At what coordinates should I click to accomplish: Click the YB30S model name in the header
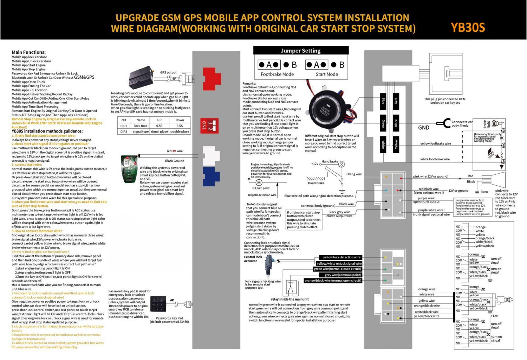coord(468,27)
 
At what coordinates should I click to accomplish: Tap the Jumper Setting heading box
coord(301,51)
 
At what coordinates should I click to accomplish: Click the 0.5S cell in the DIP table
coord(159,126)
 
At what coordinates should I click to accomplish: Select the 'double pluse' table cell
coord(180,132)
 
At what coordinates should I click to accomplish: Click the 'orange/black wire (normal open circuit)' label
coord(333,281)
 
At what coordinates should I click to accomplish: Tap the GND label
coord(423,128)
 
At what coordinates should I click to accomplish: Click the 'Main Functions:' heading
coord(28,52)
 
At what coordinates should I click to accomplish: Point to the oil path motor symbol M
coord(259,182)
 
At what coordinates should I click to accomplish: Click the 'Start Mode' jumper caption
coord(326,75)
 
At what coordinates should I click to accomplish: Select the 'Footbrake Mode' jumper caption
coord(277,75)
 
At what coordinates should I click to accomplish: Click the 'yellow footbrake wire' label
coord(435,143)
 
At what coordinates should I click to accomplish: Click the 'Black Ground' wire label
coord(175,161)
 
